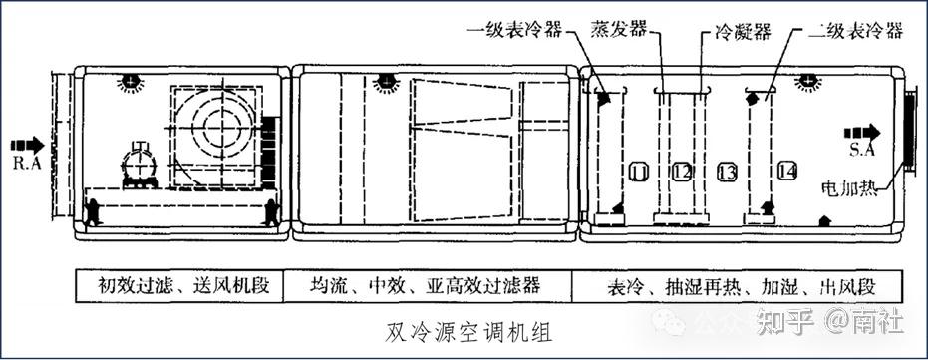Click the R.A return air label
point(27,164)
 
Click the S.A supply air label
point(861,150)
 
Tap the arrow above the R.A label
point(27,145)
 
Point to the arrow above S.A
point(861,132)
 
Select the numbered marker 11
point(639,172)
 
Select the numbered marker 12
point(682,172)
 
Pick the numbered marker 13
point(727,172)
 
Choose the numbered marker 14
point(786,171)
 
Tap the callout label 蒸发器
point(618,30)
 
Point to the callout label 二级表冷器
point(856,30)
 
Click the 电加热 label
point(849,189)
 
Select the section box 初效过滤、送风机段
point(179,286)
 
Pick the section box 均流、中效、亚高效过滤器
point(428,286)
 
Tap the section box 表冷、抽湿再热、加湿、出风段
point(737,286)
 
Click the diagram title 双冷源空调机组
point(468,332)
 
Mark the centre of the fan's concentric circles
point(222,128)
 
